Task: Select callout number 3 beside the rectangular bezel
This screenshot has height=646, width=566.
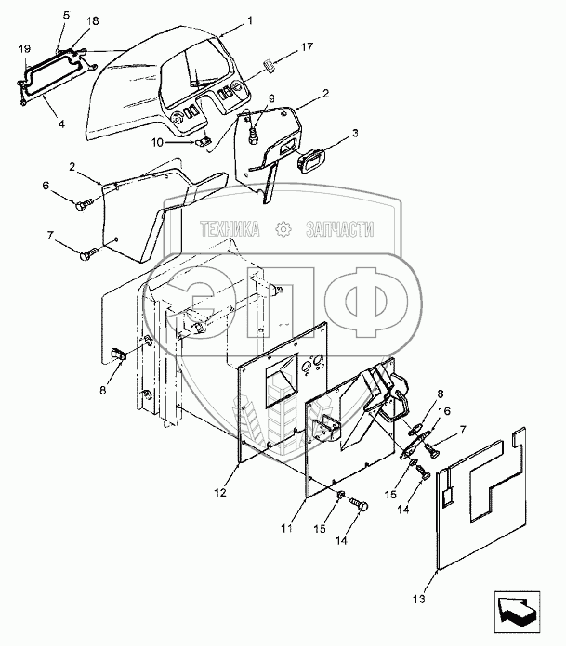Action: tap(353, 135)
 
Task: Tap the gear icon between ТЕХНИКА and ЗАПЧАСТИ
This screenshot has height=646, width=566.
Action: tap(280, 226)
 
